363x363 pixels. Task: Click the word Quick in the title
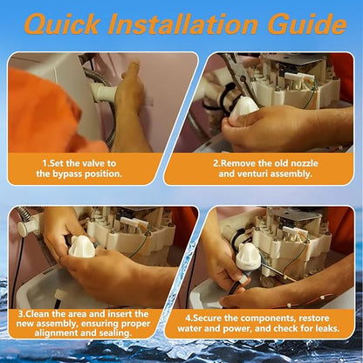(62, 24)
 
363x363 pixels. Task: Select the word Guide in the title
(307, 24)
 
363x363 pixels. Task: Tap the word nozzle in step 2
(304, 163)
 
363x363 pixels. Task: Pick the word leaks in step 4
(326, 329)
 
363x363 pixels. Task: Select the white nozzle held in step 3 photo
(81, 247)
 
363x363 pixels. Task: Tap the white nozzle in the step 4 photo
(247, 257)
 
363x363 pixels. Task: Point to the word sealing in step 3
(115, 332)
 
